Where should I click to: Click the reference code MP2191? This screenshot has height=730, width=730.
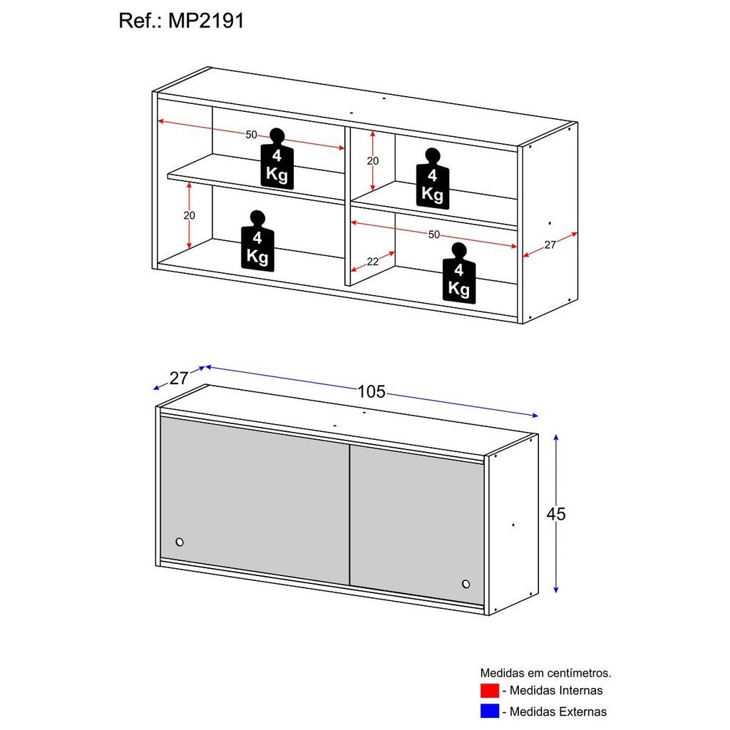[206, 21]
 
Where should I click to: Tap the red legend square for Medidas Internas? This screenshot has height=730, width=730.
[489, 690]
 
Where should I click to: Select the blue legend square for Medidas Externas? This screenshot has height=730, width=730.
[489, 711]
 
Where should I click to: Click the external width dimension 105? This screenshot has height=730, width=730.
[371, 391]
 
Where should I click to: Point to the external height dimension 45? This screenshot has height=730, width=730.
[556, 514]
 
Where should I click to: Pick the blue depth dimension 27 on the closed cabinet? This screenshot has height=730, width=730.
[179, 378]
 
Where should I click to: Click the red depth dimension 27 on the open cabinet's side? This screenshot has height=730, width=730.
[550, 245]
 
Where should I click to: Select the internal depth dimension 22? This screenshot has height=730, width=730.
[372, 262]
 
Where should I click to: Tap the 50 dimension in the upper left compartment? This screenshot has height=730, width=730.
[251, 135]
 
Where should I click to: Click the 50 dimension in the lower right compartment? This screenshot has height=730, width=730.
[434, 235]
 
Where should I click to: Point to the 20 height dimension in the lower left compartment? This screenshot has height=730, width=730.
[189, 215]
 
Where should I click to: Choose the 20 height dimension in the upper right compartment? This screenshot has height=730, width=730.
[372, 161]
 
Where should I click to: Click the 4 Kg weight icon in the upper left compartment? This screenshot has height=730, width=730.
[277, 159]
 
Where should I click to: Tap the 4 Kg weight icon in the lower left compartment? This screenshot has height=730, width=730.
[257, 241]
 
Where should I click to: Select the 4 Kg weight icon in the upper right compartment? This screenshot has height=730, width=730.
[433, 179]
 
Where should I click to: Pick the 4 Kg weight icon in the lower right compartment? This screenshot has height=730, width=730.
[459, 273]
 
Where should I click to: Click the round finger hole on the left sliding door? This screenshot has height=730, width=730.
[180, 542]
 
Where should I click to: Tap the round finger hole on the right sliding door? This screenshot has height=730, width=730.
[466, 584]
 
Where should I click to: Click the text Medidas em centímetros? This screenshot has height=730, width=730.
[545, 673]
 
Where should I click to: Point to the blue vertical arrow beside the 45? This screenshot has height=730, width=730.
[556, 513]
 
